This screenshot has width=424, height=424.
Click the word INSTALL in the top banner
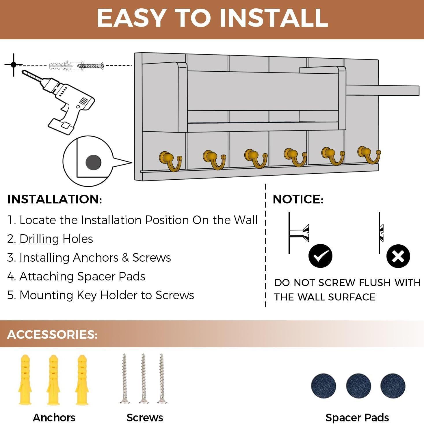(274, 18)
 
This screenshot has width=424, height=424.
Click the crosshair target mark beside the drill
(14, 65)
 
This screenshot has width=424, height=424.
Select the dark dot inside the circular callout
(93, 162)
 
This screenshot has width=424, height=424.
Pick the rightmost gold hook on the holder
(368, 154)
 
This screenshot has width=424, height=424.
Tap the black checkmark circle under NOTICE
(320, 256)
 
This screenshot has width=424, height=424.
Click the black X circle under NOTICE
(398, 256)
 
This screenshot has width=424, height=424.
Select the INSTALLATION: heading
(55, 199)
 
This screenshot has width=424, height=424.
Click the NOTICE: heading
(298, 199)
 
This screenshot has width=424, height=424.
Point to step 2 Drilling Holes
(50, 239)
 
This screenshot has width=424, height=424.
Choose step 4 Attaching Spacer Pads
(76, 276)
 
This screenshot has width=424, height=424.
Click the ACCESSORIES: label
(52, 334)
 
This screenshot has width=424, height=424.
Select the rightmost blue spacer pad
(393, 386)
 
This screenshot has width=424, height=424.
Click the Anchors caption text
(54, 418)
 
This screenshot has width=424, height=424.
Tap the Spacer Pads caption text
(357, 418)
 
